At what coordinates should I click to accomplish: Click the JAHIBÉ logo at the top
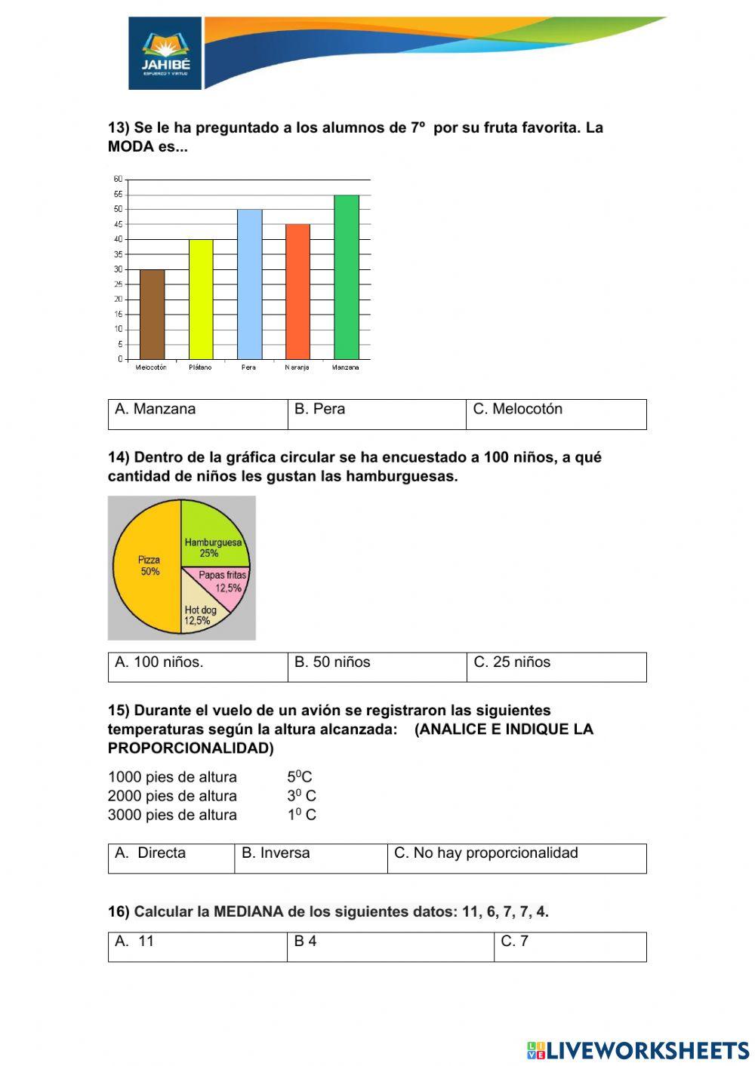pyautogui.click(x=165, y=54)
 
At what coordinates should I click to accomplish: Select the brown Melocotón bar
pyautogui.click(x=152, y=314)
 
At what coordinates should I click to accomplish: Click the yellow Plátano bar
pyautogui.click(x=201, y=299)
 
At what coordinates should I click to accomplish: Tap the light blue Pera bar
pyautogui.click(x=249, y=284)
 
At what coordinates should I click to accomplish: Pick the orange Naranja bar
pyautogui.click(x=297, y=291)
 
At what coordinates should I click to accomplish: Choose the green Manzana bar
pyautogui.click(x=346, y=276)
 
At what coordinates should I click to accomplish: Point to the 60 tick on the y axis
pyautogui.click(x=118, y=180)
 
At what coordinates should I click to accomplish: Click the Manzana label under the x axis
pyautogui.click(x=346, y=367)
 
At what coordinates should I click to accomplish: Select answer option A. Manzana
pyautogui.click(x=155, y=410)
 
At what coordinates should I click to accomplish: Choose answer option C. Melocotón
pyautogui.click(x=517, y=410)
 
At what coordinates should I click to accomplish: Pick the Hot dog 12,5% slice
pyautogui.click(x=199, y=613)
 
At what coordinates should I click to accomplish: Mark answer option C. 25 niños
pyautogui.click(x=512, y=662)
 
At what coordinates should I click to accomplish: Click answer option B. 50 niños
pyautogui.click(x=332, y=662)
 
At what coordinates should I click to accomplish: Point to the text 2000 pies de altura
pyautogui.click(x=172, y=796)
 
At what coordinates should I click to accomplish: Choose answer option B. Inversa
pyautogui.click(x=276, y=853)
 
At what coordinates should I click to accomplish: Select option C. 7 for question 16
pyautogui.click(x=514, y=942)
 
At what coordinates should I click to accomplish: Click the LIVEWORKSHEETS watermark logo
pyautogui.click(x=637, y=1049)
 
